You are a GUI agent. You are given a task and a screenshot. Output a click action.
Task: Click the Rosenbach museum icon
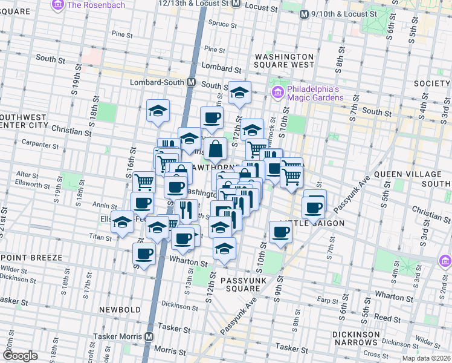[59, 5]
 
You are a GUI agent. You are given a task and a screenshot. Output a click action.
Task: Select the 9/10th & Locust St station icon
[303, 13]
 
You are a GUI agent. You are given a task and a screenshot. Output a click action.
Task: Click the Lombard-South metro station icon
[191, 82]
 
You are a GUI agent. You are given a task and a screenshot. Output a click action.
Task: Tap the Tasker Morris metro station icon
[149, 336]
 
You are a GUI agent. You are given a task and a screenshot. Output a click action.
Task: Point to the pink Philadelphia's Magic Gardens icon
[278, 93]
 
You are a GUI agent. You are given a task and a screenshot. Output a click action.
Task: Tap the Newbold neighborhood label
[121, 310]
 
